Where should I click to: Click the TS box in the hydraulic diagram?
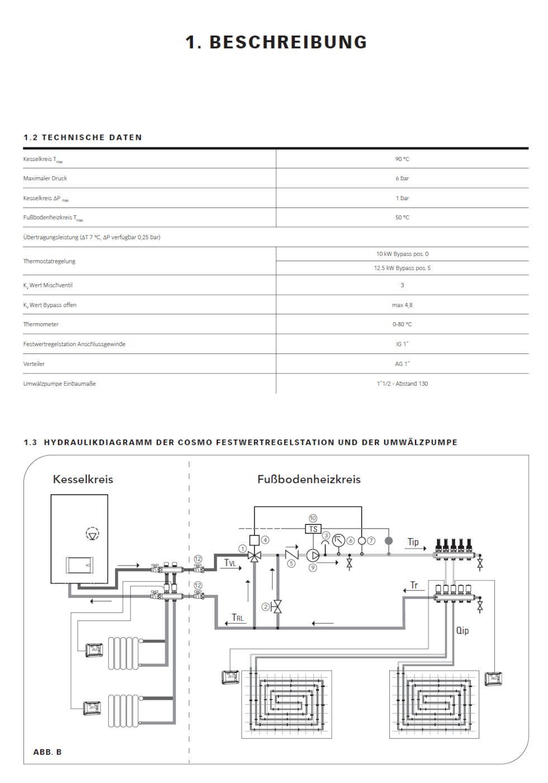[313, 529]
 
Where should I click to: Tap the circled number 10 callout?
[313, 518]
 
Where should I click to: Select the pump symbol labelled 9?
[313, 555]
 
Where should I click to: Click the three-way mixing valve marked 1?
[254, 556]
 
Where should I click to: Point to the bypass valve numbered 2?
[277, 606]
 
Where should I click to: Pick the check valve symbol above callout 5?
[292, 555]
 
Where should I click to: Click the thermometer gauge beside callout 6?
[339, 541]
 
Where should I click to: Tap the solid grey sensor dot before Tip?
[389, 541]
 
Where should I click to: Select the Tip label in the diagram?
[413, 542]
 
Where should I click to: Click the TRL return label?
[238, 618]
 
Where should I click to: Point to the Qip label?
[462, 630]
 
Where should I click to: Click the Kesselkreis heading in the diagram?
[83, 479]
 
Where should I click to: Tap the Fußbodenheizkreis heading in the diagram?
[309, 479]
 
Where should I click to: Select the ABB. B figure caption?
[47, 752]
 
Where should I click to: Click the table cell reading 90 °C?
[402, 159]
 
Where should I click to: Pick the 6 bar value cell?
[402, 178]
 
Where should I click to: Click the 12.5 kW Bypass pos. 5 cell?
[402, 268]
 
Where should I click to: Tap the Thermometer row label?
[41, 324]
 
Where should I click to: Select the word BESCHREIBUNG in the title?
[288, 43]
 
